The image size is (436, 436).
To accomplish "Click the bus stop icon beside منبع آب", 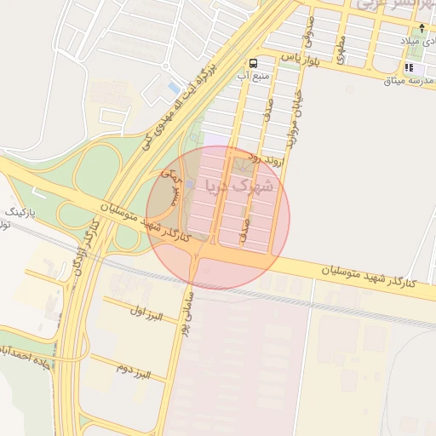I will pyautogui.click(x=253, y=63).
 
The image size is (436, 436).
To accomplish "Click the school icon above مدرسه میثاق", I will pyautogui.click(x=410, y=67).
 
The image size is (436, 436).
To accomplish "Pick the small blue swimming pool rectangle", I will pyautogui.click(x=175, y=89).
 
